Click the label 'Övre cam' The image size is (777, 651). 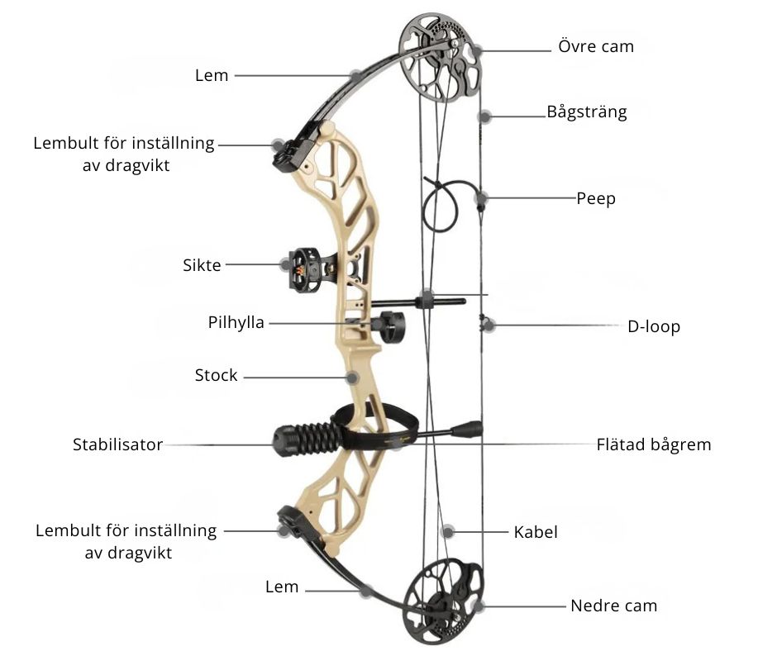tap(596, 46)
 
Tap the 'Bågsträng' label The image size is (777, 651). tap(587, 112)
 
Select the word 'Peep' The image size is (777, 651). tap(596, 198)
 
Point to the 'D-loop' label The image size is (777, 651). tap(654, 326)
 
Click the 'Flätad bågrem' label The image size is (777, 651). tap(654, 444)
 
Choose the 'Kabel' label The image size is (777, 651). tap(536, 532)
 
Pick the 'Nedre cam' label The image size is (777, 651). tap(614, 606)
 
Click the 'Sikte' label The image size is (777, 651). tap(202, 265)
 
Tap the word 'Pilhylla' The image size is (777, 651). tap(236, 322)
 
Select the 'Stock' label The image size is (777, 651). tap(216, 375)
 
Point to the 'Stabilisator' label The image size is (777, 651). tap(118, 444)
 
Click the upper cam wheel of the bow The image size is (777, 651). tap(441, 57)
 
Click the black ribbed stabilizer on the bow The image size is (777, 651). tap(307, 439)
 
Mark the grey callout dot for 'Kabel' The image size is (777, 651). tap(448, 532)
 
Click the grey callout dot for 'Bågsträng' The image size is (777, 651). tap(485, 117)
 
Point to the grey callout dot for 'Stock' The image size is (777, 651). tap(352, 378)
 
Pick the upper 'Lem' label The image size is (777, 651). tap(212, 75)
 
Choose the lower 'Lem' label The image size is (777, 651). tap(282, 587)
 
